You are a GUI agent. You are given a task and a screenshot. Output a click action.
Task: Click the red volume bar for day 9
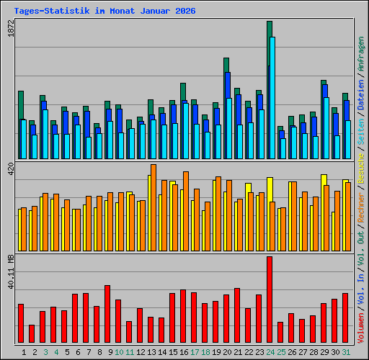pos(107,314)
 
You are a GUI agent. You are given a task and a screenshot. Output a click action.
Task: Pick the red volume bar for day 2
pos(32,333)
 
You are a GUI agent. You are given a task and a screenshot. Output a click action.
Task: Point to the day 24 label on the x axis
pos(270,351)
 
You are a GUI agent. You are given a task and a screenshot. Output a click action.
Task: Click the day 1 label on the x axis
pos(25,351)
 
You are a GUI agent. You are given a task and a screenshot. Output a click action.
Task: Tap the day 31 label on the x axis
pos(346,351)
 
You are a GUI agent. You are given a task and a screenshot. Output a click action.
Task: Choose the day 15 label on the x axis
pos(173,351)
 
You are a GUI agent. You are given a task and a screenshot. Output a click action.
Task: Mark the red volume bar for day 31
pos(345,318)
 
